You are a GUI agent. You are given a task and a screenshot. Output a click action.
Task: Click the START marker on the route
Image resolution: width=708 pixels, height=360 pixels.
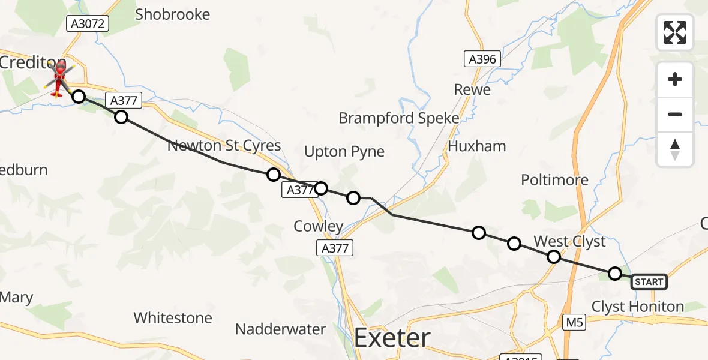pyautogui.click(x=649, y=282)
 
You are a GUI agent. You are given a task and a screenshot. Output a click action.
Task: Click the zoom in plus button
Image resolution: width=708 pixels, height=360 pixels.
pyautogui.click(x=675, y=80)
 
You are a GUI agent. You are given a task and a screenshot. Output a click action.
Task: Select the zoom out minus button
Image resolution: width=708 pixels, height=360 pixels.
pyautogui.click(x=675, y=114)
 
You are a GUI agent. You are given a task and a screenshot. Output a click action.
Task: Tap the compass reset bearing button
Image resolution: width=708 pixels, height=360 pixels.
pyautogui.click(x=675, y=149)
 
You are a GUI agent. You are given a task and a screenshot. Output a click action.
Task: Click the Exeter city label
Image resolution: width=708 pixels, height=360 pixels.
pyautogui.click(x=392, y=338)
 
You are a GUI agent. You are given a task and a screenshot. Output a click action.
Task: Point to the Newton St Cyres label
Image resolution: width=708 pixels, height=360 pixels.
pyautogui.click(x=224, y=146)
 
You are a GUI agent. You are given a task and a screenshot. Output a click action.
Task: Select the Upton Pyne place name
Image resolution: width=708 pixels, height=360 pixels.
pyautogui.click(x=344, y=152)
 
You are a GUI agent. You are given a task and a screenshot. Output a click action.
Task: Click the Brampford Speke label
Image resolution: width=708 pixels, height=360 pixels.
pyautogui.click(x=398, y=118)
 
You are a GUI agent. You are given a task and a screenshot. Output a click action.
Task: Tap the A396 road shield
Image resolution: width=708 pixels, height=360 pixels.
pyautogui.click(x=482, y=59)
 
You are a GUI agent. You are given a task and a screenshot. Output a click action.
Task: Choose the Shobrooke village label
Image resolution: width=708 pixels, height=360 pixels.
pyautogui.click(x=173, y=14)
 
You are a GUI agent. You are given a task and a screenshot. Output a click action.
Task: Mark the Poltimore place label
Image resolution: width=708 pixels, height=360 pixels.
pyautogui.click(x=554, y=180)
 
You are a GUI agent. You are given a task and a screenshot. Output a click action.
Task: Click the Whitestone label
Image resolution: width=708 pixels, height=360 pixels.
pyautogui.click(x=173, y=317)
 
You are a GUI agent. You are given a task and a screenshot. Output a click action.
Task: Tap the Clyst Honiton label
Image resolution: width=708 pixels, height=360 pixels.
pyautogui.click(x=637, y=307)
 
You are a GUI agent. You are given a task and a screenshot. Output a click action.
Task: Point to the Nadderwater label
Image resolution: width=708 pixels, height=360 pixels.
pyautogui.click(x=280, y=329)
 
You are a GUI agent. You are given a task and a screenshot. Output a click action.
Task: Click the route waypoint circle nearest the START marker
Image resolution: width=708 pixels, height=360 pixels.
pyautogui.click(x=614, y=274)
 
